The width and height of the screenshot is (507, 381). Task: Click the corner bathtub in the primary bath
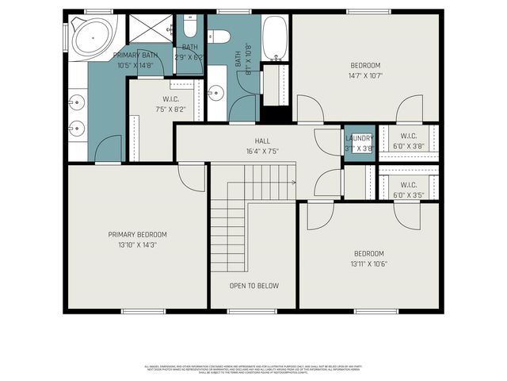(x=92, y=37)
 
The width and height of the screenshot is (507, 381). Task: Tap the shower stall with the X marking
(x=148, y=29)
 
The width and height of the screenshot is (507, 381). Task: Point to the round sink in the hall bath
(x=215, y=94)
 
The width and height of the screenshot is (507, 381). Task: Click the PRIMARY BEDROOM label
(x=138, y=234)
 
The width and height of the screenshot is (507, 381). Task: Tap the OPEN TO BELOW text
(x=253, y=286)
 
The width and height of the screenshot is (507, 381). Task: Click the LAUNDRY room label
(x=359, y=138)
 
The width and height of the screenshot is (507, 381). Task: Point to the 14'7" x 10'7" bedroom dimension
(x=365, y=76)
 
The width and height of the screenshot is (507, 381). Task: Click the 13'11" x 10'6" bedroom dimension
(x=369, y=264)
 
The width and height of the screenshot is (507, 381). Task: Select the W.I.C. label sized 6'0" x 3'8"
(x=408, y=146)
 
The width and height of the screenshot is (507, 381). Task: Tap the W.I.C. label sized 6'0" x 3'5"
(x=408, y=194)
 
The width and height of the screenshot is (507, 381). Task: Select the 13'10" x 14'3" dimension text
(x=138, y=245)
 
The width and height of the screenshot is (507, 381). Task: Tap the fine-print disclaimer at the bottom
(x=253, y=368)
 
